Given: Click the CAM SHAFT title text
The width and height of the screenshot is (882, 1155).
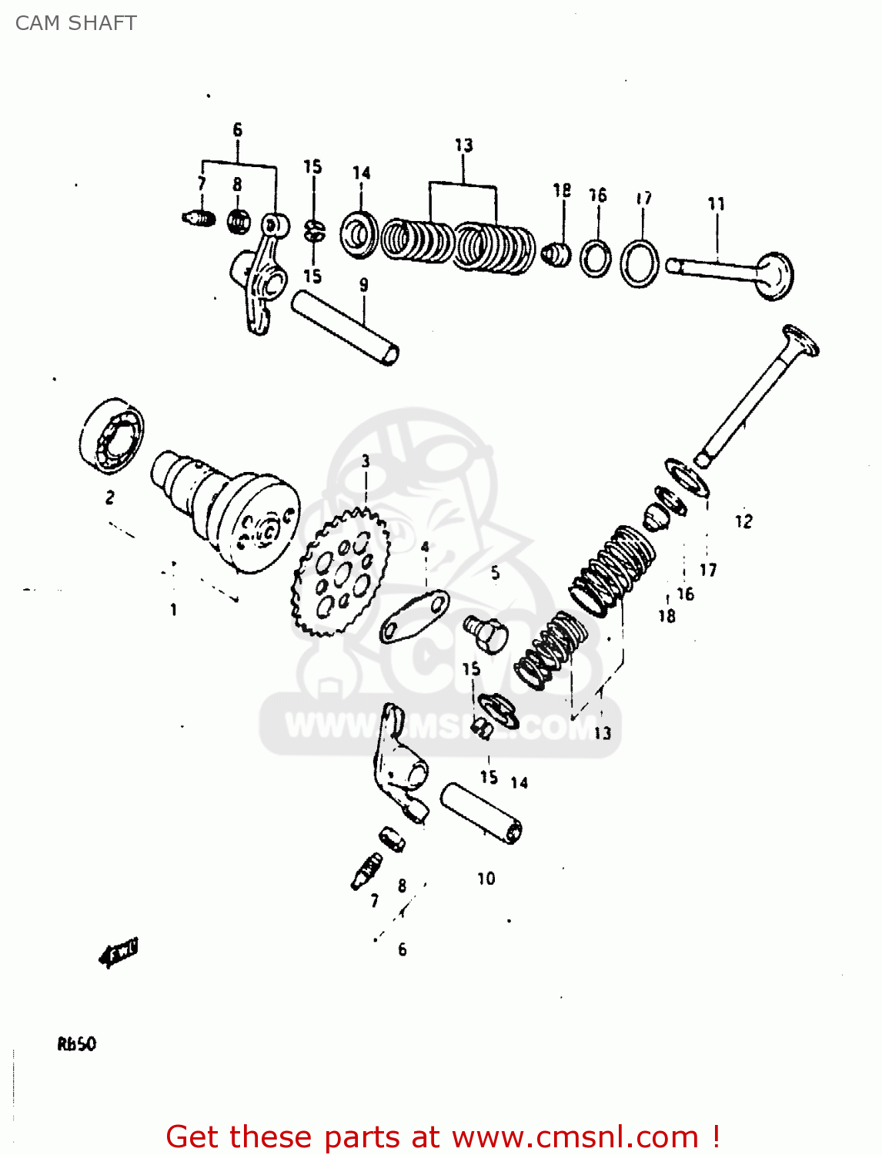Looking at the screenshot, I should click(75, 23).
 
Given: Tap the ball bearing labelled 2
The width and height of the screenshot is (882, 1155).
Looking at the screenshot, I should click(112, 436).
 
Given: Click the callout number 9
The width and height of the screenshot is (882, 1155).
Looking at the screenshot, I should click(363, 285).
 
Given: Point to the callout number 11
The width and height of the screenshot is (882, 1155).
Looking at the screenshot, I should click(716, 204).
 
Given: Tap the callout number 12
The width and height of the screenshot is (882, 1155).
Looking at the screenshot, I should click(743, 521).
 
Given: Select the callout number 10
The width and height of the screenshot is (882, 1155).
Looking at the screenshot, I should click(486, 879).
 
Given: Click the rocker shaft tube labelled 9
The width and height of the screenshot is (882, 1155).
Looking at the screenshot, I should click(344, 327).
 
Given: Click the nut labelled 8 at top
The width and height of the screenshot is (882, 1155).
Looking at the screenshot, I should click(239, 222).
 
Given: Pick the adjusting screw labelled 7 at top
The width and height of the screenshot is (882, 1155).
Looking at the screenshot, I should click(199, 219).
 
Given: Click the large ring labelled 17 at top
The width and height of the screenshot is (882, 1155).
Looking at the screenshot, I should click(640, 263).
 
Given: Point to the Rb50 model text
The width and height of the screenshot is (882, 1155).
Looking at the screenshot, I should click(76, 1044).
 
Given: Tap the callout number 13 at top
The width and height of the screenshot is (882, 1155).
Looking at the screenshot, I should click(463, 146).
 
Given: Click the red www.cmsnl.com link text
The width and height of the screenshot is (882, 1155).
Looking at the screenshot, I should click(576, 1137).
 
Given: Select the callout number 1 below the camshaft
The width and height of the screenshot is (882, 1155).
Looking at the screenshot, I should click(173, 610).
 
